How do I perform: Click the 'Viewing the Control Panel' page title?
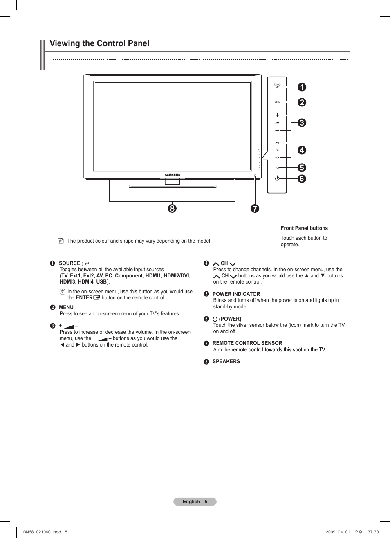coord(99,43)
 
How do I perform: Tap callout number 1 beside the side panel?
coord(302,87)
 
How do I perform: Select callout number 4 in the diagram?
coord(302,150)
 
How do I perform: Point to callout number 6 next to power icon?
coord(302,179)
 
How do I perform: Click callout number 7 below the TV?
coord(255,209)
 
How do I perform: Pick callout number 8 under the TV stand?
coord(172,208)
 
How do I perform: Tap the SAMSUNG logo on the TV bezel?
coord(173,175)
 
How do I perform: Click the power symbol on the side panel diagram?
coord(277,178)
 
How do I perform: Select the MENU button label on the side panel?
coord(277,102)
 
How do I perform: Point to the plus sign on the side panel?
coord(277,115)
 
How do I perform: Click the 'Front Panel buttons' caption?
coord(304,228)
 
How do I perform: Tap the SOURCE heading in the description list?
coord(69,263)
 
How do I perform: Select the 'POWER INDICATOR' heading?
coord(236,294)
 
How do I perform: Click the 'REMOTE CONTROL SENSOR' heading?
coord(247,343)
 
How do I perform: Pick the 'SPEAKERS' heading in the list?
coord(226,362)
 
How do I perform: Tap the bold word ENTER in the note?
coord(84,298)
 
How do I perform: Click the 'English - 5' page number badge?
coord(195,502)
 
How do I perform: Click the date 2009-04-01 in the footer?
coord(338,532)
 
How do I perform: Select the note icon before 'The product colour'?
coord(61,241)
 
